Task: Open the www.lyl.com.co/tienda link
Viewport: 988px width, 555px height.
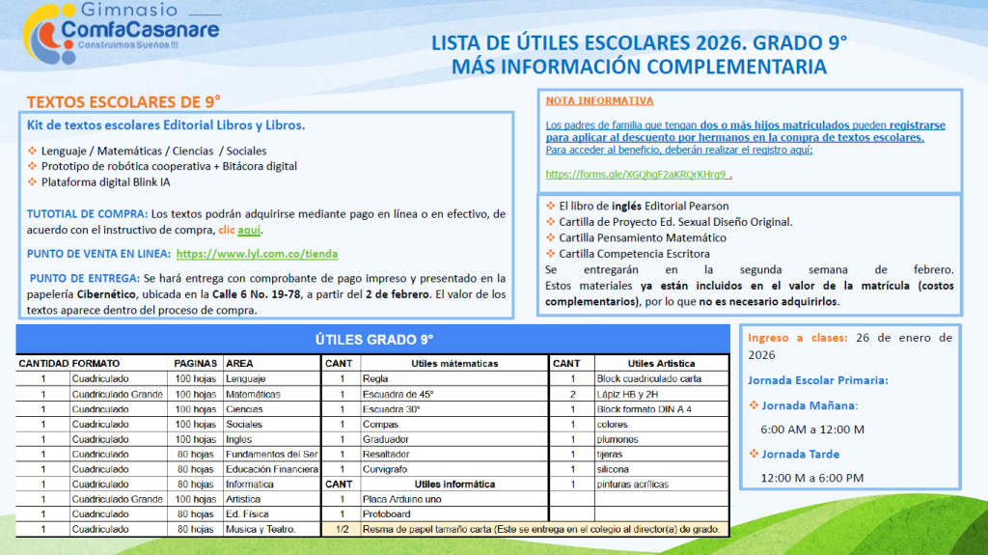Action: [x=257, y=254]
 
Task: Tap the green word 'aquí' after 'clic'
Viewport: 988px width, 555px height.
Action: [x=249, y=231]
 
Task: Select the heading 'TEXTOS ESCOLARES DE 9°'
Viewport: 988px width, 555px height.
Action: [x=123, y=101]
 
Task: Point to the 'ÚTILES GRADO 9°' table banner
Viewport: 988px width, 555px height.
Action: [x=374, y=339]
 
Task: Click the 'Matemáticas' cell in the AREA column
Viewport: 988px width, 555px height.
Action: [x=253, y=394]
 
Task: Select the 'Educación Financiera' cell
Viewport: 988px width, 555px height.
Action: [x=271, y=469]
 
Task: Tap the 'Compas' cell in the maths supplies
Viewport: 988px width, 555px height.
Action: [x=380, y=424]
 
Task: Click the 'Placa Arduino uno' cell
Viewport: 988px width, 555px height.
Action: [x=402, y=499]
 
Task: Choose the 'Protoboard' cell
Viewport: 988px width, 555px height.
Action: [x=387, y=514]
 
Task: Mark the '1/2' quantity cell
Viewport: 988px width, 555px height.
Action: [x=342, y=529]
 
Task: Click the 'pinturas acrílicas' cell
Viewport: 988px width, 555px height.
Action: [x=633, y=485]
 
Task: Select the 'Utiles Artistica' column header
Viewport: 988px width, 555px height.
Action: [x=661, y=364]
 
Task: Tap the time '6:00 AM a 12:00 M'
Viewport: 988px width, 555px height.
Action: [x=812, y=429]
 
